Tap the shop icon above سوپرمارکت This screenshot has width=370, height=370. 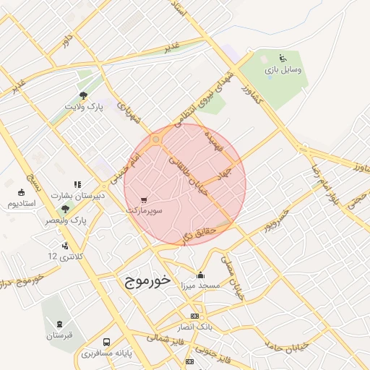click(144, 199)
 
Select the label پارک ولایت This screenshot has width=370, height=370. click(82, 106)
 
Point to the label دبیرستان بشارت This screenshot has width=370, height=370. click(82, 195)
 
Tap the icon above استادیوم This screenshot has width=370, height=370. click(21, 193)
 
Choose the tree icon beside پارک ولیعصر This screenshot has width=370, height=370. click(65, 209)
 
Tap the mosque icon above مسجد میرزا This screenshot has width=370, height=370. click(200, 275)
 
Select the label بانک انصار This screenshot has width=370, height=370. click(194, 327)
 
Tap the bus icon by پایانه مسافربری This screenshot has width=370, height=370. click(107, 342)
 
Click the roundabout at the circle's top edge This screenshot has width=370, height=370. click(155, 139)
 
